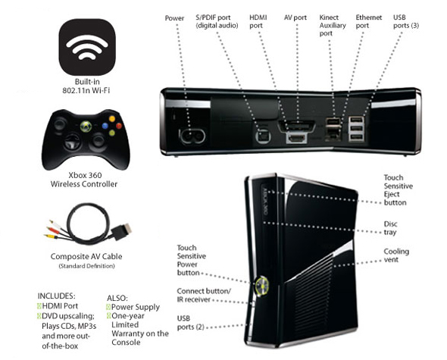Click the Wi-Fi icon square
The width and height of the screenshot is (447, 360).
(87, 47)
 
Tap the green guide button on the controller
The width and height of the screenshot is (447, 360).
(86, 127)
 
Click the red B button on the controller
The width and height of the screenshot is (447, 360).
(119, 126)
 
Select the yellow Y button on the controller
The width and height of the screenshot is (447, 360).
(112, 119)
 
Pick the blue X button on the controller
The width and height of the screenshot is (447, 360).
(105, 126)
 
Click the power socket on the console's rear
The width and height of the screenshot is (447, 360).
(192, 136)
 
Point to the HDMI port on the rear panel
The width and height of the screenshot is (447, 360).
(297, 139)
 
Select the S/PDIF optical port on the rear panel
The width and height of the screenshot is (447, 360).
(263, 136)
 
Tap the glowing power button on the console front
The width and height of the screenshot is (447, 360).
(262, 286)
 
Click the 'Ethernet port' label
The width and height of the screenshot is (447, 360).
(369, 21)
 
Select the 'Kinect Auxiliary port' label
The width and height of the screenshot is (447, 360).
(333, 25)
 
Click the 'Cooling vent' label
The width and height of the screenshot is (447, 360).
(396, 255)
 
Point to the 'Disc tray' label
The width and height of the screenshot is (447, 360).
(390, 228)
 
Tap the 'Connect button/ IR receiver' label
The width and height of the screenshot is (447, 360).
(204, 296)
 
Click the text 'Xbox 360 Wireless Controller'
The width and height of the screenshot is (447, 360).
(84, 180)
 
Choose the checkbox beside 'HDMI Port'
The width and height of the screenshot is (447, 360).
(39, 306)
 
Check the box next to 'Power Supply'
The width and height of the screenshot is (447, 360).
(108, 307)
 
